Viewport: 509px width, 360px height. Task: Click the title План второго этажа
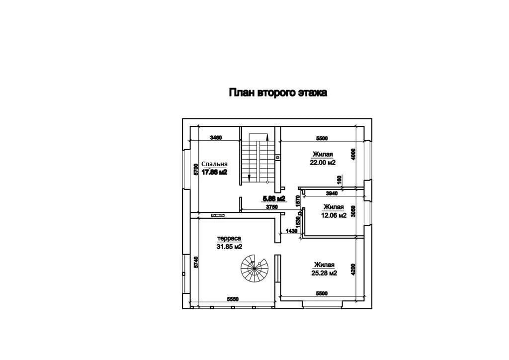pos(277,92)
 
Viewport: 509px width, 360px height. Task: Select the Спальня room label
pos(215,164)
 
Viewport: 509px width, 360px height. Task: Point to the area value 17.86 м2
pos(215,172)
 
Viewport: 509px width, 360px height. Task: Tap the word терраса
pos(229,238)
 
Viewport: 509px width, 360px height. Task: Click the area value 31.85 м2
pos(229,247)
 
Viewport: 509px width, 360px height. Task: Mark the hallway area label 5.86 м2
pos(274,198)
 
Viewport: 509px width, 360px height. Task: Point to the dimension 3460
pos(216,137)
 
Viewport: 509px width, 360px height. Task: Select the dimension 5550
pos(233,299)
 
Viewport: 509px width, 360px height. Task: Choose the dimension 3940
pos(332,193)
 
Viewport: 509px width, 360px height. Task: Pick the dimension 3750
pos(271,206)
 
